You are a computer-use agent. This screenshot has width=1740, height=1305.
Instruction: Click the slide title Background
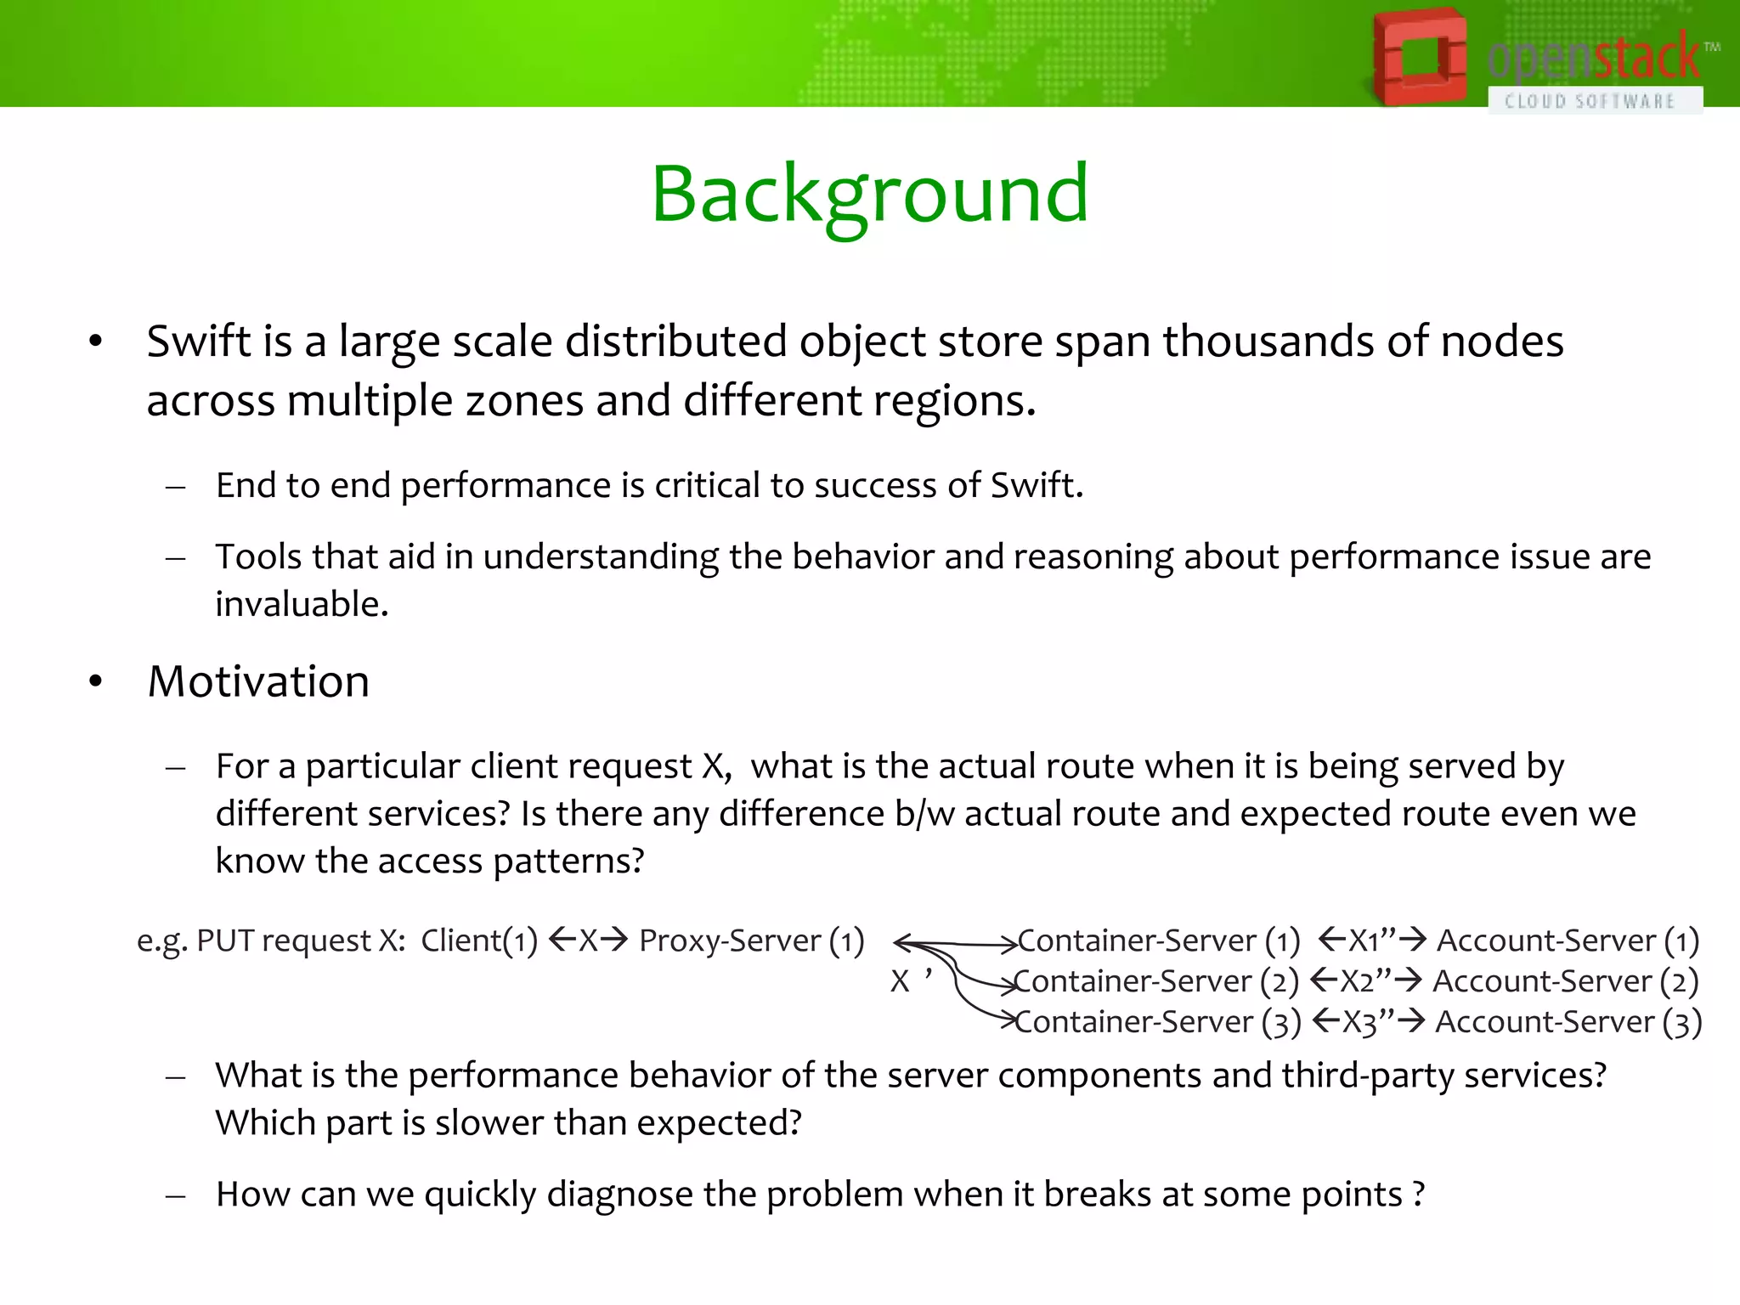tap(870, 194)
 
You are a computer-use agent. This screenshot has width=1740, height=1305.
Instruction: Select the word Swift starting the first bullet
tap(199, 342)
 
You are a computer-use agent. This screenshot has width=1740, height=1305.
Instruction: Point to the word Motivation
tap(258, 681)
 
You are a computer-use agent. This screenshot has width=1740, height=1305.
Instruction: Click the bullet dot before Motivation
tap(95, 681)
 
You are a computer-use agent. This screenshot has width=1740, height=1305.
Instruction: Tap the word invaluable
tap(301, 604)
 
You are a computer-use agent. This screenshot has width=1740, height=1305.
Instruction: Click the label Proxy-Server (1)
tap(751, 941)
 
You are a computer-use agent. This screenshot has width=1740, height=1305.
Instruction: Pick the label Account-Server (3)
tap(1568, 1022)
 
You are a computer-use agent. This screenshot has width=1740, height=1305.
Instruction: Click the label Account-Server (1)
tap(1568, 941)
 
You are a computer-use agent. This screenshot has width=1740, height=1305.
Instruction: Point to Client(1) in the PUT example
tap(479, 941)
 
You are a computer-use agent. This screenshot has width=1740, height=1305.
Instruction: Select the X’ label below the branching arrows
tap(910, 981)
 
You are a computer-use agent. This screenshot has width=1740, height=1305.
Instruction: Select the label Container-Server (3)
tap(1157, 1022)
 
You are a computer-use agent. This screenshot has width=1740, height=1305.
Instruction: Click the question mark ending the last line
tap(1418, 1195)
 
